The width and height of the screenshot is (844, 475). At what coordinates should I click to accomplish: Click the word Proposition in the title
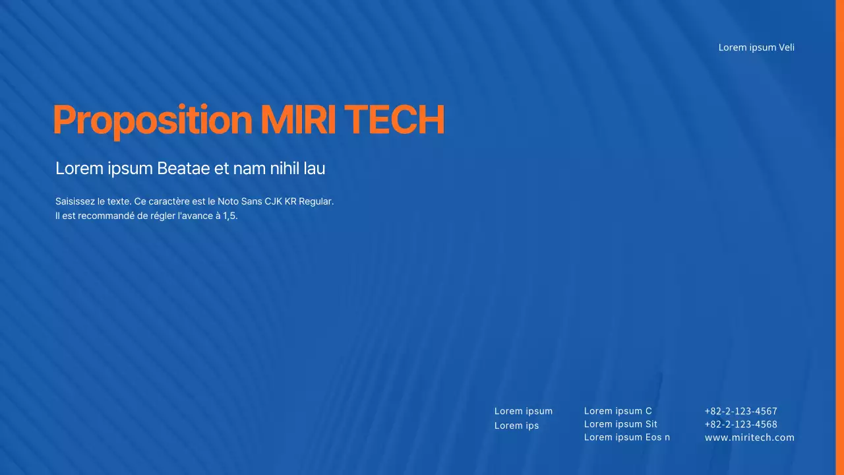[x=152, y=121]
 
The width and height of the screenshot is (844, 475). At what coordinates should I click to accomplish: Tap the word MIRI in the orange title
[x=299, y=121]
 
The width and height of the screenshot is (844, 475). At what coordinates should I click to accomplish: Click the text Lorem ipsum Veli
[x=756, y=47]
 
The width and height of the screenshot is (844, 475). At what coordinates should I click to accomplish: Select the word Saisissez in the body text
[x=75, y=201]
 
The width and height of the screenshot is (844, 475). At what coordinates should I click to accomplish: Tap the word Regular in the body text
[x=316, y=201]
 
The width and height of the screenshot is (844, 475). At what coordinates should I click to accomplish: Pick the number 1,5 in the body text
[x=229, y=216]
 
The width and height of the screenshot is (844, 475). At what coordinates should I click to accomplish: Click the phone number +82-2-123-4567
[x=740, y=411]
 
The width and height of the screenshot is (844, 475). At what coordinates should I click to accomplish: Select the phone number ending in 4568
[x=740, y=424]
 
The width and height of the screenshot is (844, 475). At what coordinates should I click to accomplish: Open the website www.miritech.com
[x=749, y=437]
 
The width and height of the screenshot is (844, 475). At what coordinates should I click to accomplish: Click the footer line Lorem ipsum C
[x=618, y=411]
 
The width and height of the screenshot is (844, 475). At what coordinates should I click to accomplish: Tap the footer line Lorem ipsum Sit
[x=620, y=424]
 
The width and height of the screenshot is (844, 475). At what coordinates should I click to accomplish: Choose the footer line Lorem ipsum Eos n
[x=626, y=437]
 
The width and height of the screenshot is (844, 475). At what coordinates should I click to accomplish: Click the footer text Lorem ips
[x=516, y=426]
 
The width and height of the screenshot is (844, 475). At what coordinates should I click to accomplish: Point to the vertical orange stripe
[x=839, y=237]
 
